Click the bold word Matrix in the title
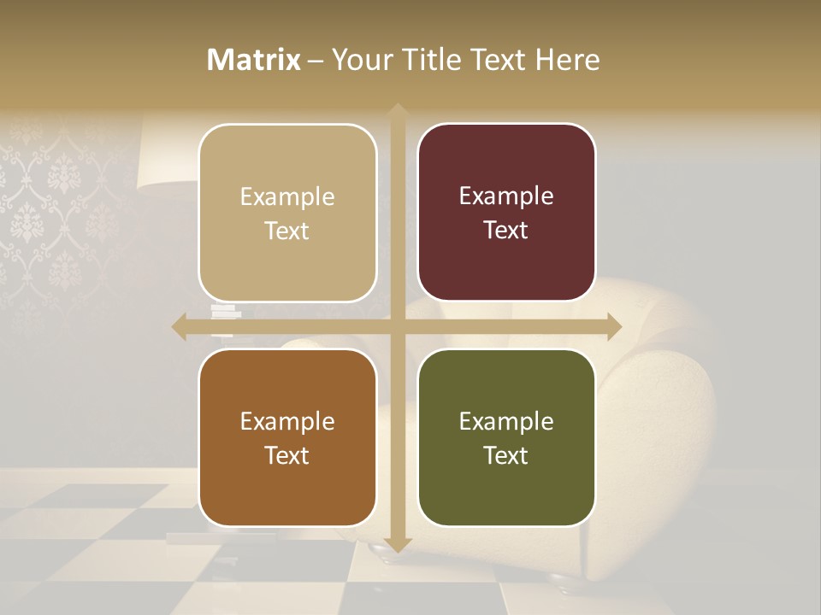click(x=254, y=60)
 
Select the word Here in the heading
click(x=568, y=60)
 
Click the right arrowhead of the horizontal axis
click(x=613, y=326)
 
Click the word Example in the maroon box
click(x=506, y=196)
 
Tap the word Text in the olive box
click(x=506, y=455)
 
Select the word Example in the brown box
click(x=287, y=421)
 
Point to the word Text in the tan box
click(x=287, y=231)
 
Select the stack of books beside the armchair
click(x=226, y=310)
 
